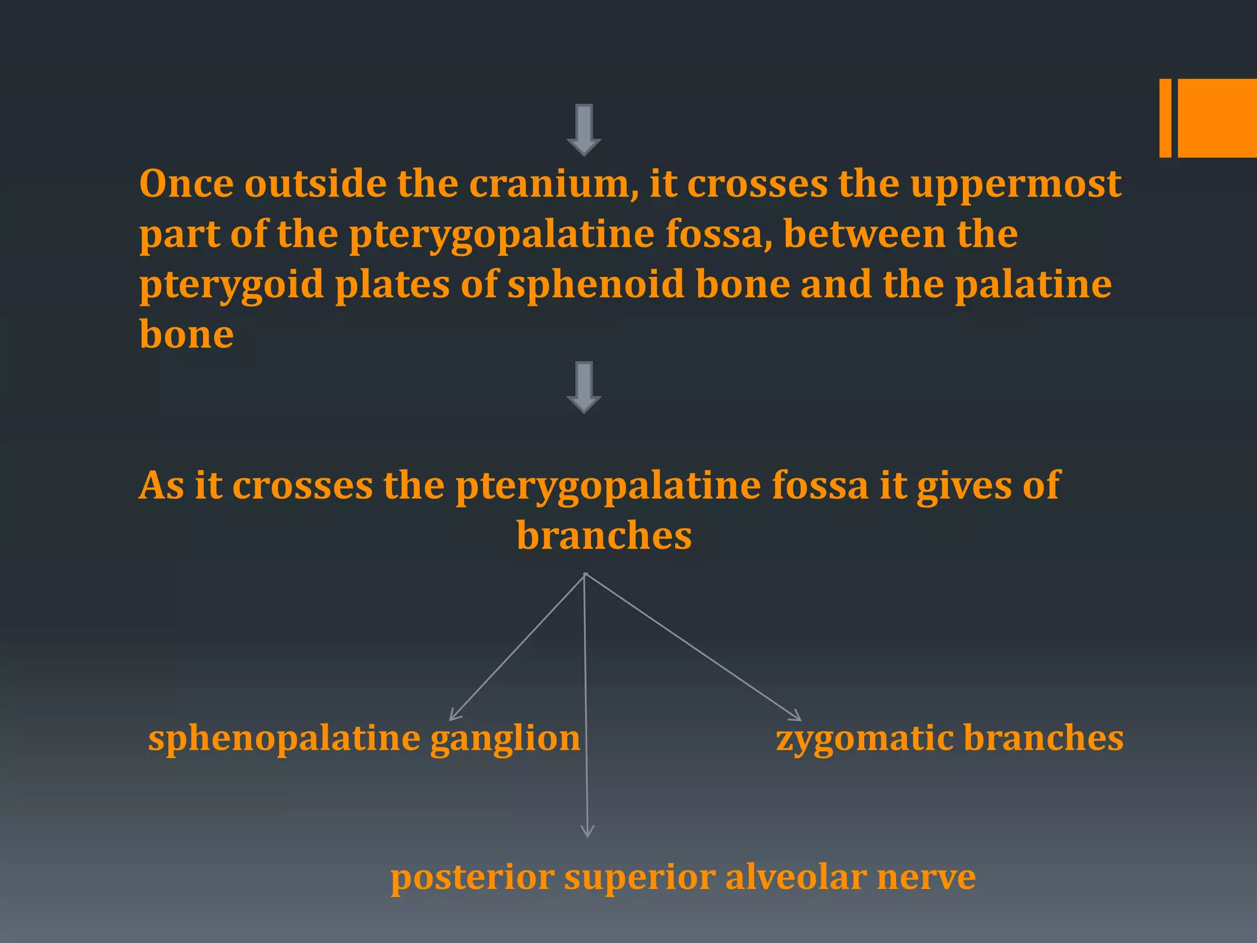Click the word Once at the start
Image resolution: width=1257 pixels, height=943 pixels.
coord(186,184)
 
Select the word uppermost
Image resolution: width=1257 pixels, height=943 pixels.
coord(1016,184)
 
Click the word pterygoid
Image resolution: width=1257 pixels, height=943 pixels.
coord(231,285)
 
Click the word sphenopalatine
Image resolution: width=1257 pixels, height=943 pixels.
coord(284,739)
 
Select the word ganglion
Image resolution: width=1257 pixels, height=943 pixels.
coord(505,739)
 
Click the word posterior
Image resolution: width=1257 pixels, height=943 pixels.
coord(471,877)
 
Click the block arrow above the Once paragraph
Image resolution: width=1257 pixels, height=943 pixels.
coord(584,130)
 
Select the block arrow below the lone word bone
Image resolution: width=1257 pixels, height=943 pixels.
coord(584,387)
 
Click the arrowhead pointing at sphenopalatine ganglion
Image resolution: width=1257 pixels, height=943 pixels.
coord(454,716)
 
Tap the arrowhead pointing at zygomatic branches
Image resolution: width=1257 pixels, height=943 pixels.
coord(797,716)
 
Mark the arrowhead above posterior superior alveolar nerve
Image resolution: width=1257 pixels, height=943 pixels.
coord(587,832)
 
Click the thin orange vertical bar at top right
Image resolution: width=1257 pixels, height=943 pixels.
coord(1165,118)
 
